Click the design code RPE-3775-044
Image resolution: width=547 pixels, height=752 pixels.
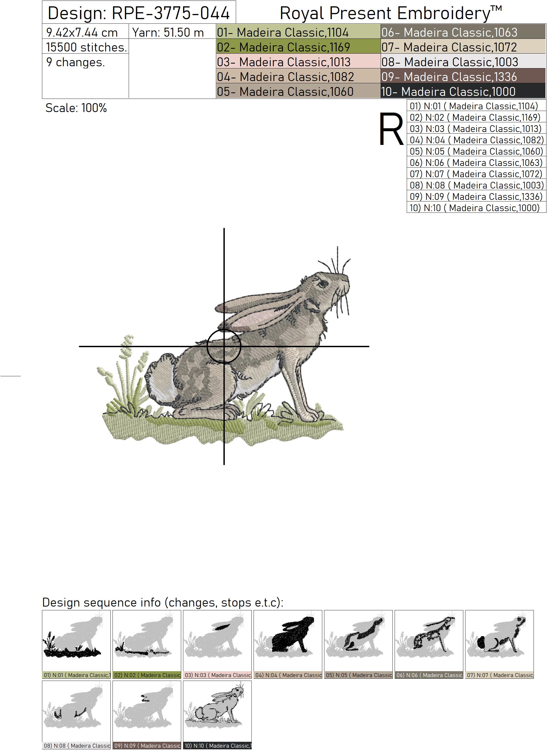171,13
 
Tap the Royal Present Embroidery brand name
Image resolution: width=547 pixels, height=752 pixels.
391,13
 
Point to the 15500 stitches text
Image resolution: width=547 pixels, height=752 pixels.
86,47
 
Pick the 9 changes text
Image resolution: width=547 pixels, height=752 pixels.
76,62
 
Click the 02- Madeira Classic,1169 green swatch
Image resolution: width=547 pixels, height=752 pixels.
298,47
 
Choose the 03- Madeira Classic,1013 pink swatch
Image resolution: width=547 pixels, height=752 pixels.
298,62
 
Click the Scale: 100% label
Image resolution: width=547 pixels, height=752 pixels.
76,108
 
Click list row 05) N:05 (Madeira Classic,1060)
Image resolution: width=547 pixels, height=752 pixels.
476,151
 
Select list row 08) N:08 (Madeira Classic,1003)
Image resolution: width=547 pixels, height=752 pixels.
476,185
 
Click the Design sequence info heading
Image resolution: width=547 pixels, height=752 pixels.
163,603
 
